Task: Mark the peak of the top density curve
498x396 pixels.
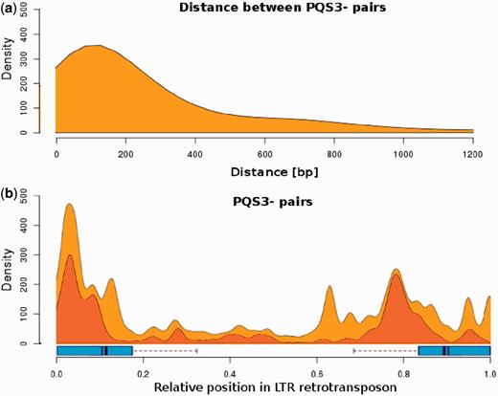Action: pos(96,45)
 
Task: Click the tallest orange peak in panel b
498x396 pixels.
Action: pos(69,205)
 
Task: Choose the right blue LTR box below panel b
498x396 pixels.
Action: pos(454,351)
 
